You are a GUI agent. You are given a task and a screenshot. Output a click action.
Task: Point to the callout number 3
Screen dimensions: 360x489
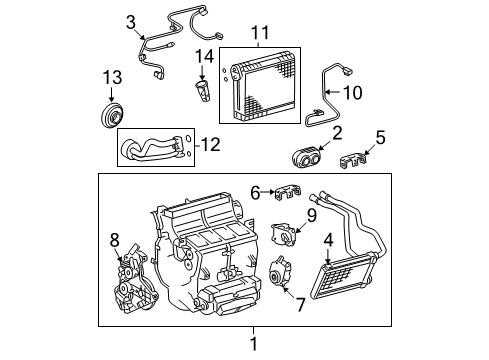click(131, 21)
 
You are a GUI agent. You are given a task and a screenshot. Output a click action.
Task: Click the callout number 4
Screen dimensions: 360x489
click(328, 240)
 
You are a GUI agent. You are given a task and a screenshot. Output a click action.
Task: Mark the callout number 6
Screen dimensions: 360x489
click(255, 191)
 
